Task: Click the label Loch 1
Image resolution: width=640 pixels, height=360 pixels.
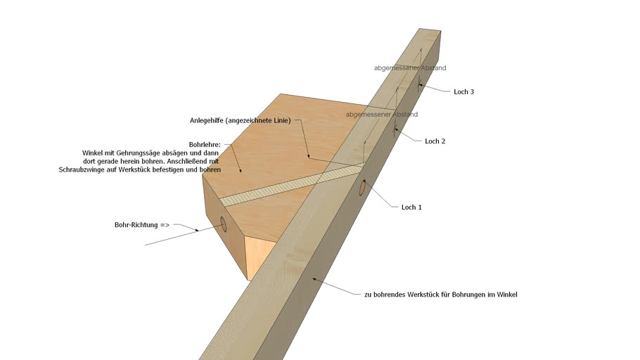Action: pos(411,207)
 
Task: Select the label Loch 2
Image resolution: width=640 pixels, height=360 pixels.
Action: pos(435,141)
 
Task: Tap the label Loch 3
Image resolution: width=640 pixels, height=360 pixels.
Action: pos(463,92)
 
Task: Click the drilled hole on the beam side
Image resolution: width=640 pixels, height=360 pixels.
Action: pos(362,187)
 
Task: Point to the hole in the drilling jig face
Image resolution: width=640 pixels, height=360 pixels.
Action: pos(223,224)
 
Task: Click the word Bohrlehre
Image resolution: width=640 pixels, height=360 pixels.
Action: pos(205,145)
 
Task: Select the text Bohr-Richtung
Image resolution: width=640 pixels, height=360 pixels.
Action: pos(136,225)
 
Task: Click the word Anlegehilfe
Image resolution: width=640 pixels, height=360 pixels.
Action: pos(206,121)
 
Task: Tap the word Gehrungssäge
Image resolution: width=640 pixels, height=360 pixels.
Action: pos(157,153)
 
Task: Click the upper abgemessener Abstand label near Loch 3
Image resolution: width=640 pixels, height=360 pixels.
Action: pos(410,68)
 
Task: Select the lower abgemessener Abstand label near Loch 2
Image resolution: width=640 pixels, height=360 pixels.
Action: pos(382,115)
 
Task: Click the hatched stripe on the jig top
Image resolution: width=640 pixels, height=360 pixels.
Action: pos(291,184)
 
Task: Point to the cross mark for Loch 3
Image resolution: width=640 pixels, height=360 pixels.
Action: pos(418,85)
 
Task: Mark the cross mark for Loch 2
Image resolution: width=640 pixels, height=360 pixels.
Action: pos(395,131)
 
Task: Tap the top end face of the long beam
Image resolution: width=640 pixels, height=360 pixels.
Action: pos(430,32)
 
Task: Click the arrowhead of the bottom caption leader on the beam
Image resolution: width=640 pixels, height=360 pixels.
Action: pos(314,279)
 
